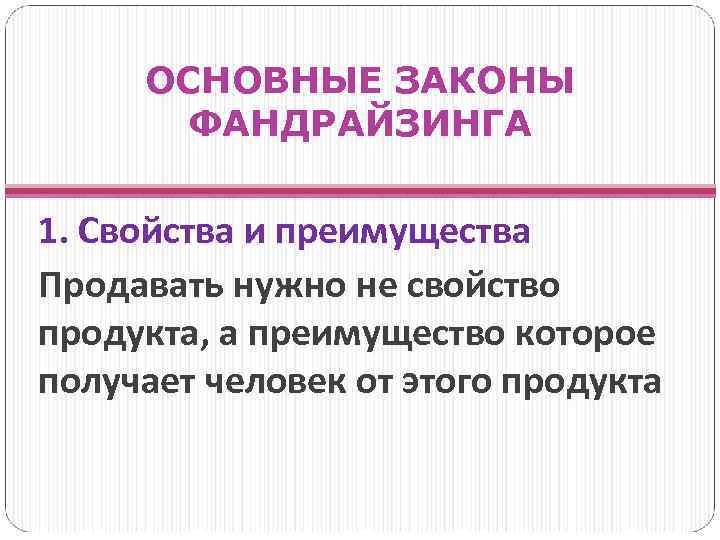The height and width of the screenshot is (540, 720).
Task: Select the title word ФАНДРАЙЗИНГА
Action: [360, 127]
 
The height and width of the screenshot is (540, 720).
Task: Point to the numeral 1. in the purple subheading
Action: [51, 233]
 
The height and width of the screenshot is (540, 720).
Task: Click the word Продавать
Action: [131, 287]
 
